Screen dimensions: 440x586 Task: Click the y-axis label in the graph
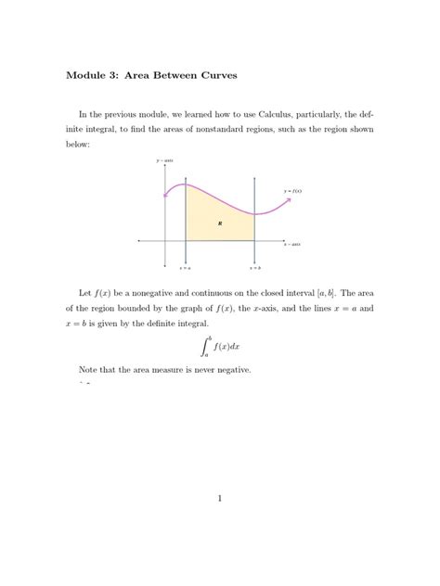(x=165, y=161)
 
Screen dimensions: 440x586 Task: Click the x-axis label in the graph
(x=291, y=244)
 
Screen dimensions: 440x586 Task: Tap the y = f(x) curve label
(x=292, y=191)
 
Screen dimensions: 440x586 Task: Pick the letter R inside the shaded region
(x=220, y=223)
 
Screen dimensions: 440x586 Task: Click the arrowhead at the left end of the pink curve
(x=163, y=196)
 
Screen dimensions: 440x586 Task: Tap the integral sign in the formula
(x=206, y=348)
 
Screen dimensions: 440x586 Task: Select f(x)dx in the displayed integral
(x=227, y=348)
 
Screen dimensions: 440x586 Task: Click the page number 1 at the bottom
(x=220, y=499)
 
